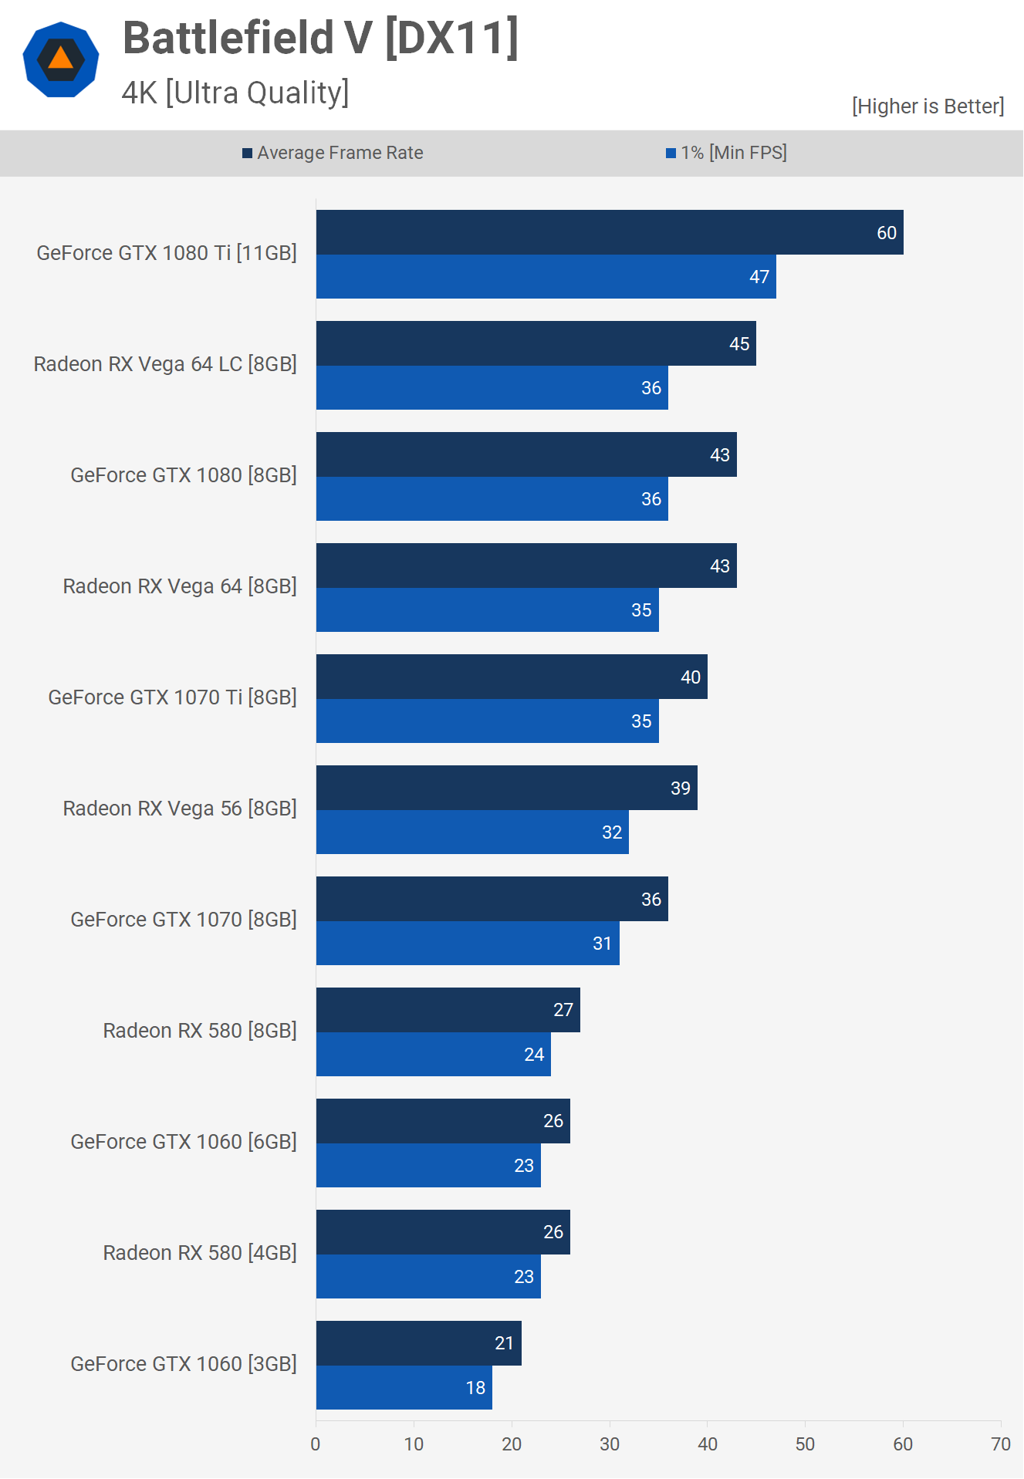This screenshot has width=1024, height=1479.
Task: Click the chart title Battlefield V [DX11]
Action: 320,38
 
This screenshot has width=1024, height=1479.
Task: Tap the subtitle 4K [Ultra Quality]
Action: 235,93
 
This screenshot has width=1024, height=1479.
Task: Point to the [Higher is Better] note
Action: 928,106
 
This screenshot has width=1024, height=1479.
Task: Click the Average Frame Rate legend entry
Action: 333,153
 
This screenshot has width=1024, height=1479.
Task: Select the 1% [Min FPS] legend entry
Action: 726,153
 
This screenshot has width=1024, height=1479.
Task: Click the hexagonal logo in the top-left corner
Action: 61,59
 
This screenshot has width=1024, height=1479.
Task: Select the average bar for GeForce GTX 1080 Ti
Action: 610,232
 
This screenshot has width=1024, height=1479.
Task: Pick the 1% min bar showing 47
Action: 546,277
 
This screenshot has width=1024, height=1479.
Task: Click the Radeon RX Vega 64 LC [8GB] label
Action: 165,364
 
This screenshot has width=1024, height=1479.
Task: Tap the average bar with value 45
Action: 536,343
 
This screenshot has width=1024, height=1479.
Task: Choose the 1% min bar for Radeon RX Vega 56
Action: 472,832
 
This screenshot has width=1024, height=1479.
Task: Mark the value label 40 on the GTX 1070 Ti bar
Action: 691,677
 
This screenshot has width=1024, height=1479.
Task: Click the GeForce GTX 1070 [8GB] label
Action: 184,920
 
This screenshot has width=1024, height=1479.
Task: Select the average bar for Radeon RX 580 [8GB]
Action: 448,1010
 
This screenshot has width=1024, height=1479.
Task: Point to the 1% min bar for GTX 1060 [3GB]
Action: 404,1388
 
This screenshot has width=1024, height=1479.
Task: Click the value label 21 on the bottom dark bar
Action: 504,1343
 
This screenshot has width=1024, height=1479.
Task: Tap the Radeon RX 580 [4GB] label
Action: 200,1253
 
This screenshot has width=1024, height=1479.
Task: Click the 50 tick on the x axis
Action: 805,1444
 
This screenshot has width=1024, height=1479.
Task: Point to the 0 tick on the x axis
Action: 316,1444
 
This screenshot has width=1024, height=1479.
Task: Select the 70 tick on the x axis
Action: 1001,1444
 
